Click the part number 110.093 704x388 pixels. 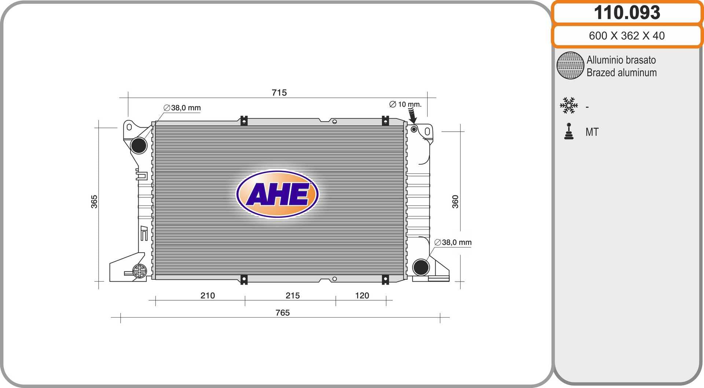pos(627,12)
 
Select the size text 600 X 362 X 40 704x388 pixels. pos(627,36)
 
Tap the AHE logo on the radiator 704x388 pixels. pos(278,194)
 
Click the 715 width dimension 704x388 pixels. pos(279,92)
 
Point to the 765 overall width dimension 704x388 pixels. pos(282,312)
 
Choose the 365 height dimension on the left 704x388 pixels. pos(94,202)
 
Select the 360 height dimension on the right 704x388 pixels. pos(455,202)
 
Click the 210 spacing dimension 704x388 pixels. pos(208,295)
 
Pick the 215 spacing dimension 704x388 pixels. pos(293,295)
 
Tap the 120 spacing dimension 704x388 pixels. pos(362,295)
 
